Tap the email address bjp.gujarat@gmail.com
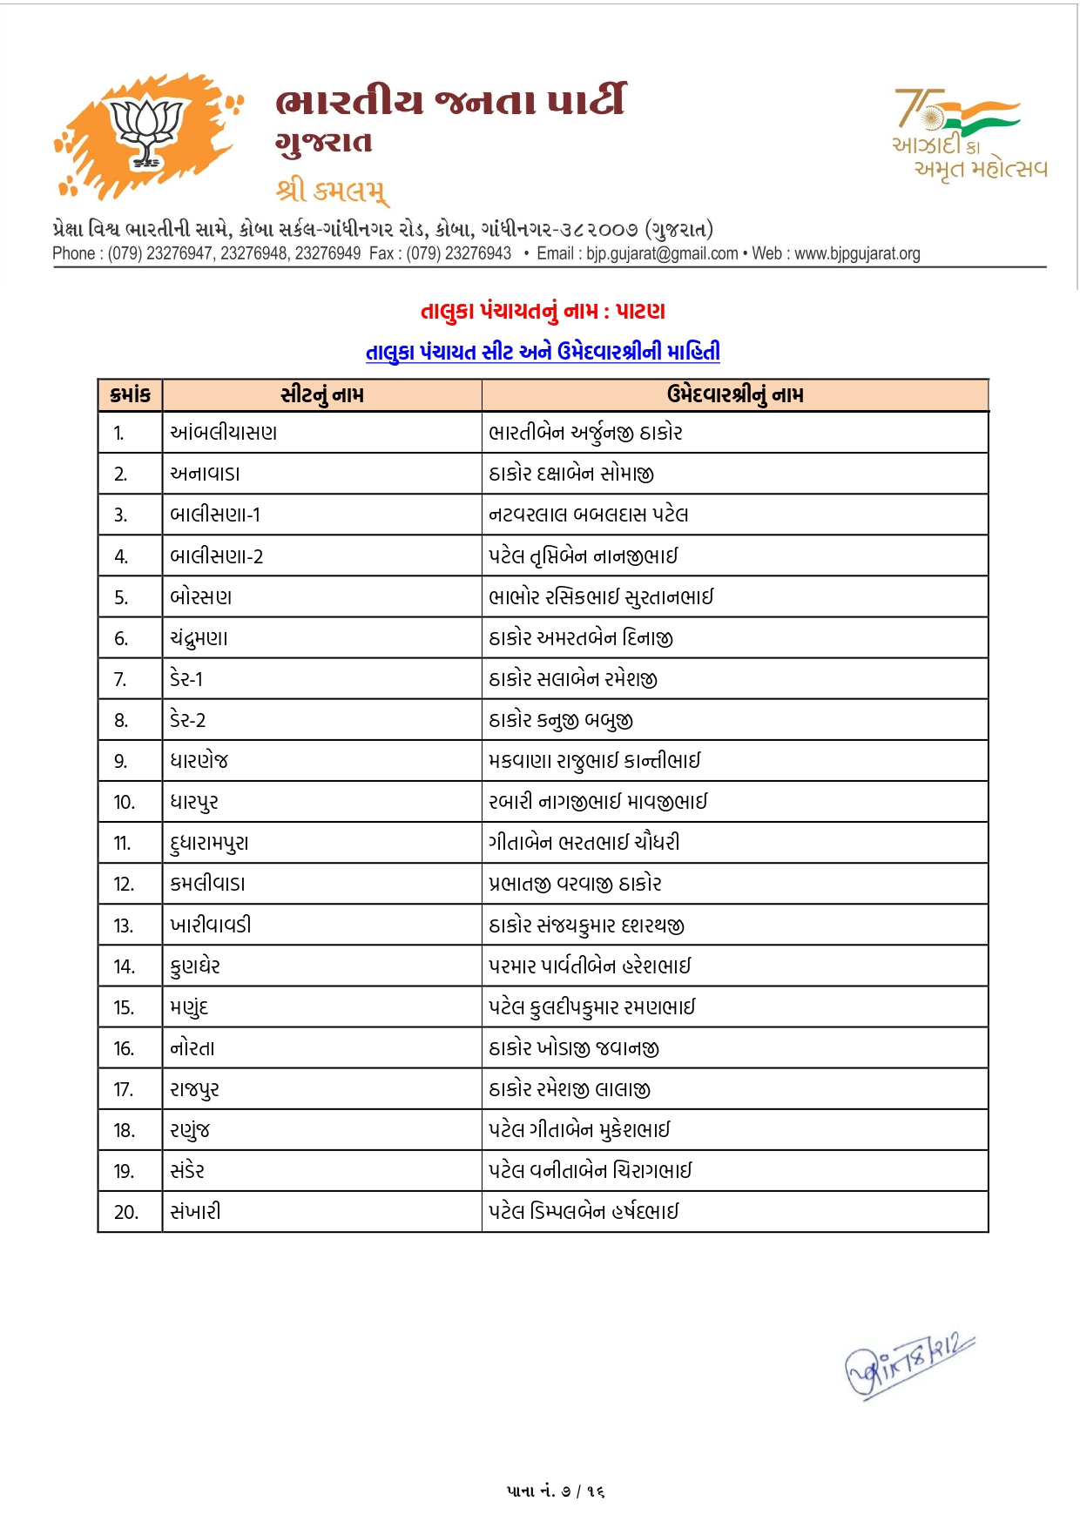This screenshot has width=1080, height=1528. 662,253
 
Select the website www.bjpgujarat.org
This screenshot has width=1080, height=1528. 857,253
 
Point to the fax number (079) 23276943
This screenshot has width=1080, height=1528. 458,253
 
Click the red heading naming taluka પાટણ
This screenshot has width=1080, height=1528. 543,311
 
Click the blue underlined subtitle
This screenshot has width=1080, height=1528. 543,352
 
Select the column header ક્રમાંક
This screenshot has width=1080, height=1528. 131,395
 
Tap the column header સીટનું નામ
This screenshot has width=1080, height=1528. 322,395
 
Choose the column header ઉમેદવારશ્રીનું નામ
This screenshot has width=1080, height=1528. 735,395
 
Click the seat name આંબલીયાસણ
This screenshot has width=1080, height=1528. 224,433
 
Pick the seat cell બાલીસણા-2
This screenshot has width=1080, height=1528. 217,556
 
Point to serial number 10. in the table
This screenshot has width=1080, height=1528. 125,802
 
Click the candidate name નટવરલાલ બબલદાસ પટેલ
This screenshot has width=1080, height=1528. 589,515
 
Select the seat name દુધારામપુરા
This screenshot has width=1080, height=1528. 210,843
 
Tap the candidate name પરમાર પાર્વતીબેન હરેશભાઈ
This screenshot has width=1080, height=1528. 590,966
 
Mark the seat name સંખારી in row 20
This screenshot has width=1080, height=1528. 196,1212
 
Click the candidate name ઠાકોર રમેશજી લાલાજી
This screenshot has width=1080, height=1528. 570,1089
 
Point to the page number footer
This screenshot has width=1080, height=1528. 556,1491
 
